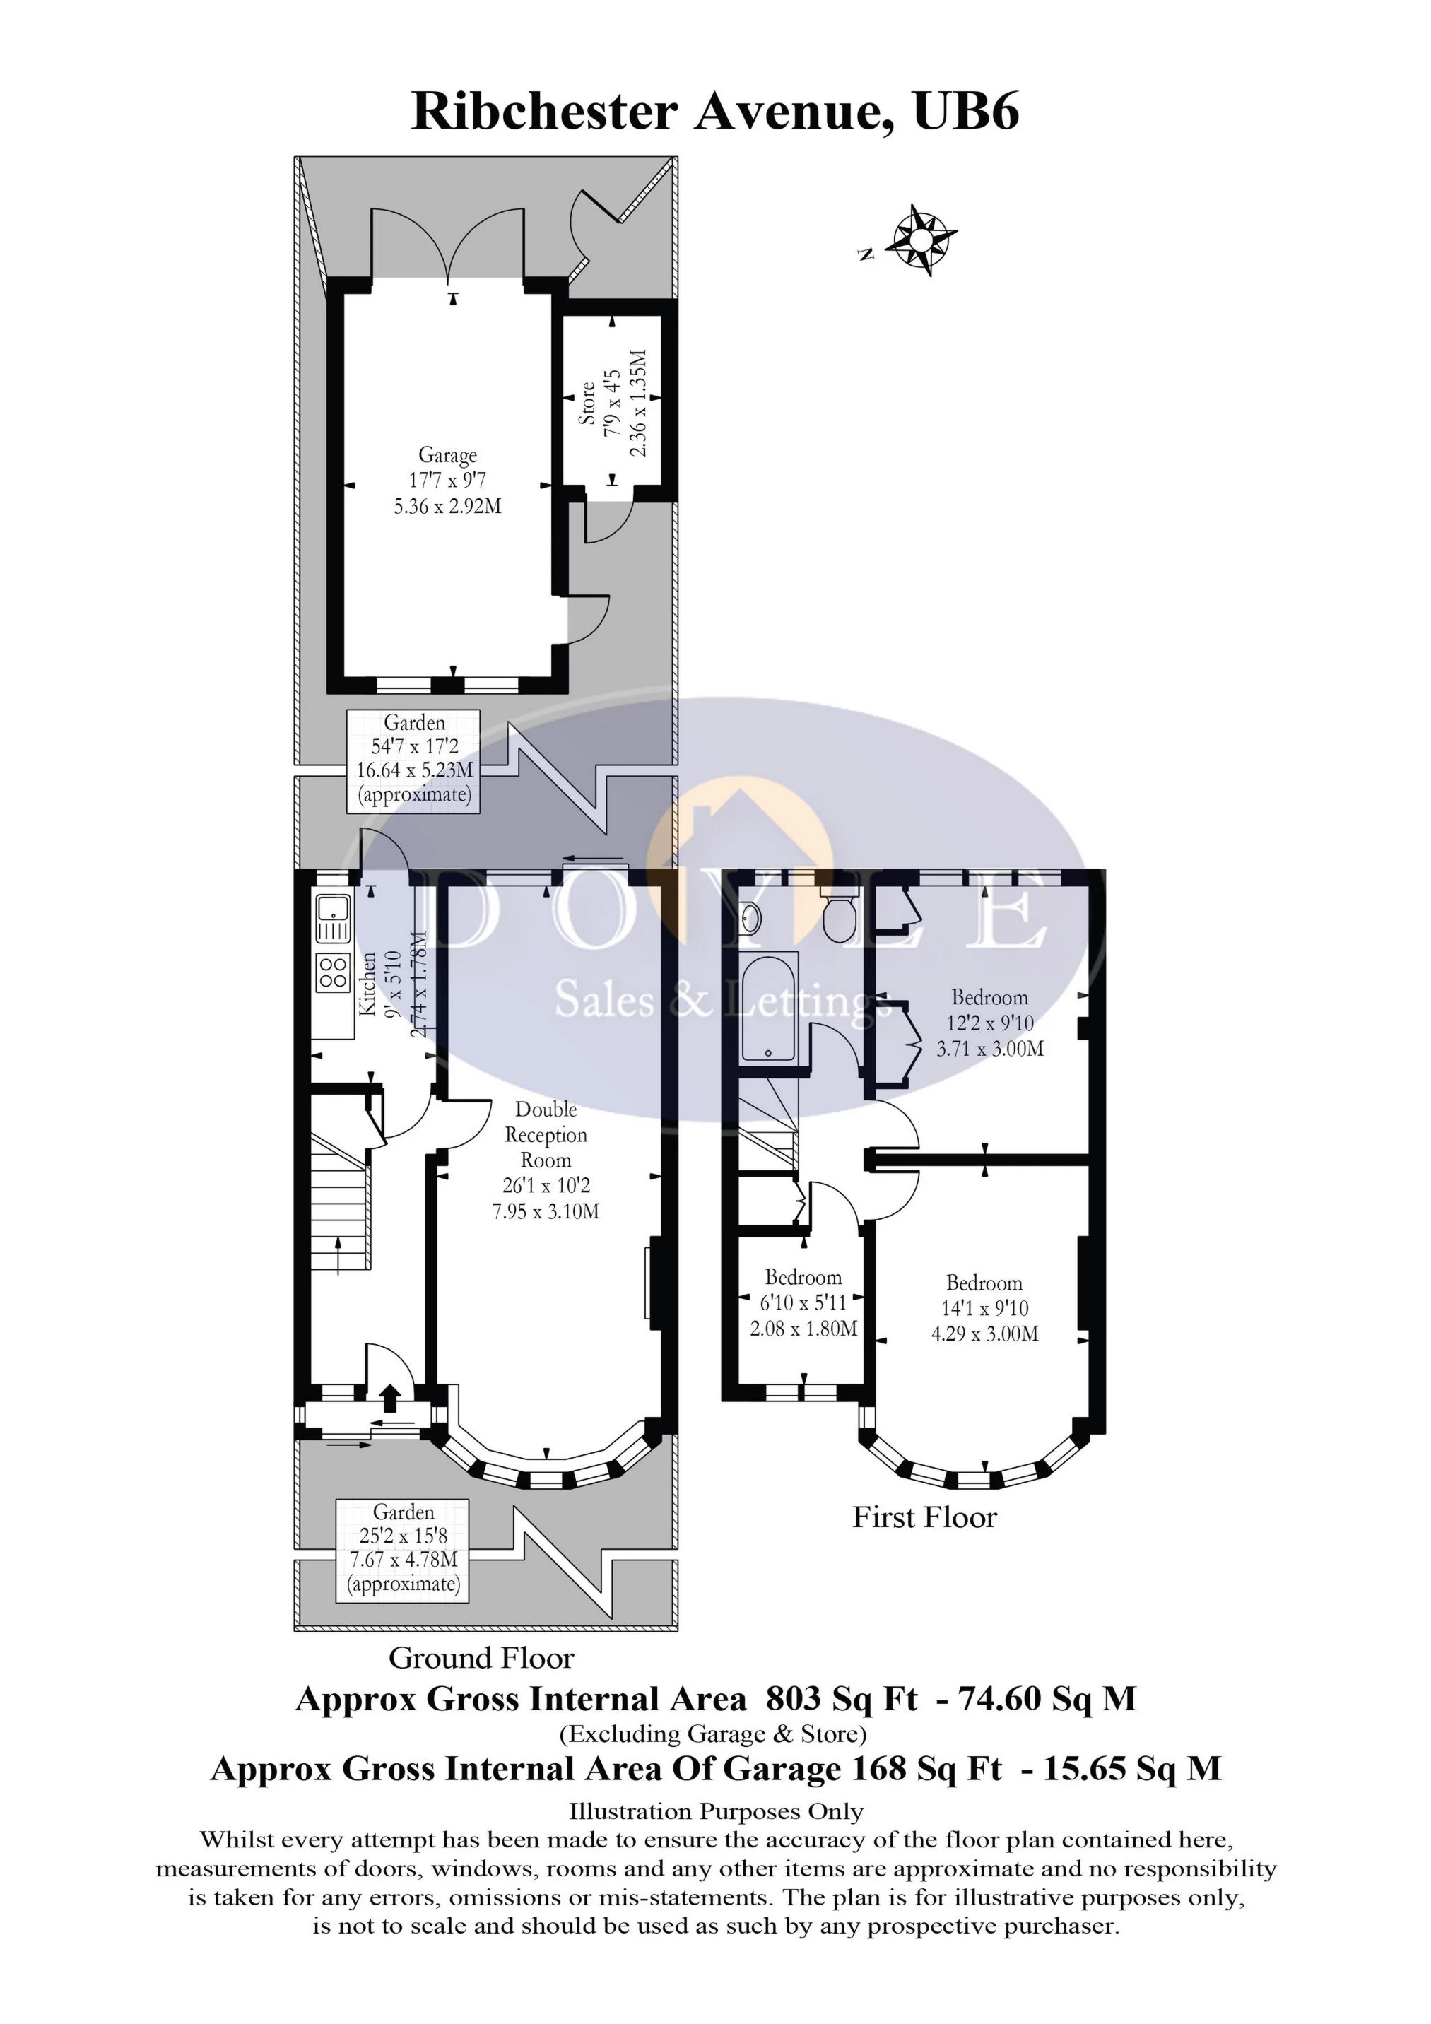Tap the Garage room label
pyautogui.click(x=447, y=455)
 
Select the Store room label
pyautogui.click(x=587, y=403)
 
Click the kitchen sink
pyautogui.click(x=334, y=919)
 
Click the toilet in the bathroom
pyautogui.click(x=839, y=915)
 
